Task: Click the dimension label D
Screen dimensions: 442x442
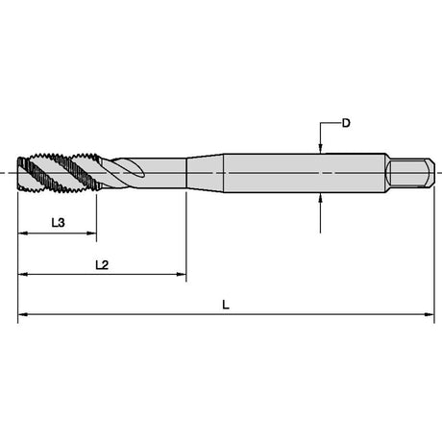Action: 346,123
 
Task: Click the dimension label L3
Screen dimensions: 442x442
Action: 59,222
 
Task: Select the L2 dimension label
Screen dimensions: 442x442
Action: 102,265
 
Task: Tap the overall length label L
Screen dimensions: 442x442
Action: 226,305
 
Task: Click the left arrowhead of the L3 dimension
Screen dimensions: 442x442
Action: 22,233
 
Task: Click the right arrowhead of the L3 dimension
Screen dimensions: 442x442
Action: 92,233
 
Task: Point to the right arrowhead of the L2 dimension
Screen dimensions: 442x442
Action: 182,274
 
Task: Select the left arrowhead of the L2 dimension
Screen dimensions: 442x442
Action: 22,274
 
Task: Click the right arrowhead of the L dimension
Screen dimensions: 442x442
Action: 430,314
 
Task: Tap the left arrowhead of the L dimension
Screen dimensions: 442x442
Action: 22,314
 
